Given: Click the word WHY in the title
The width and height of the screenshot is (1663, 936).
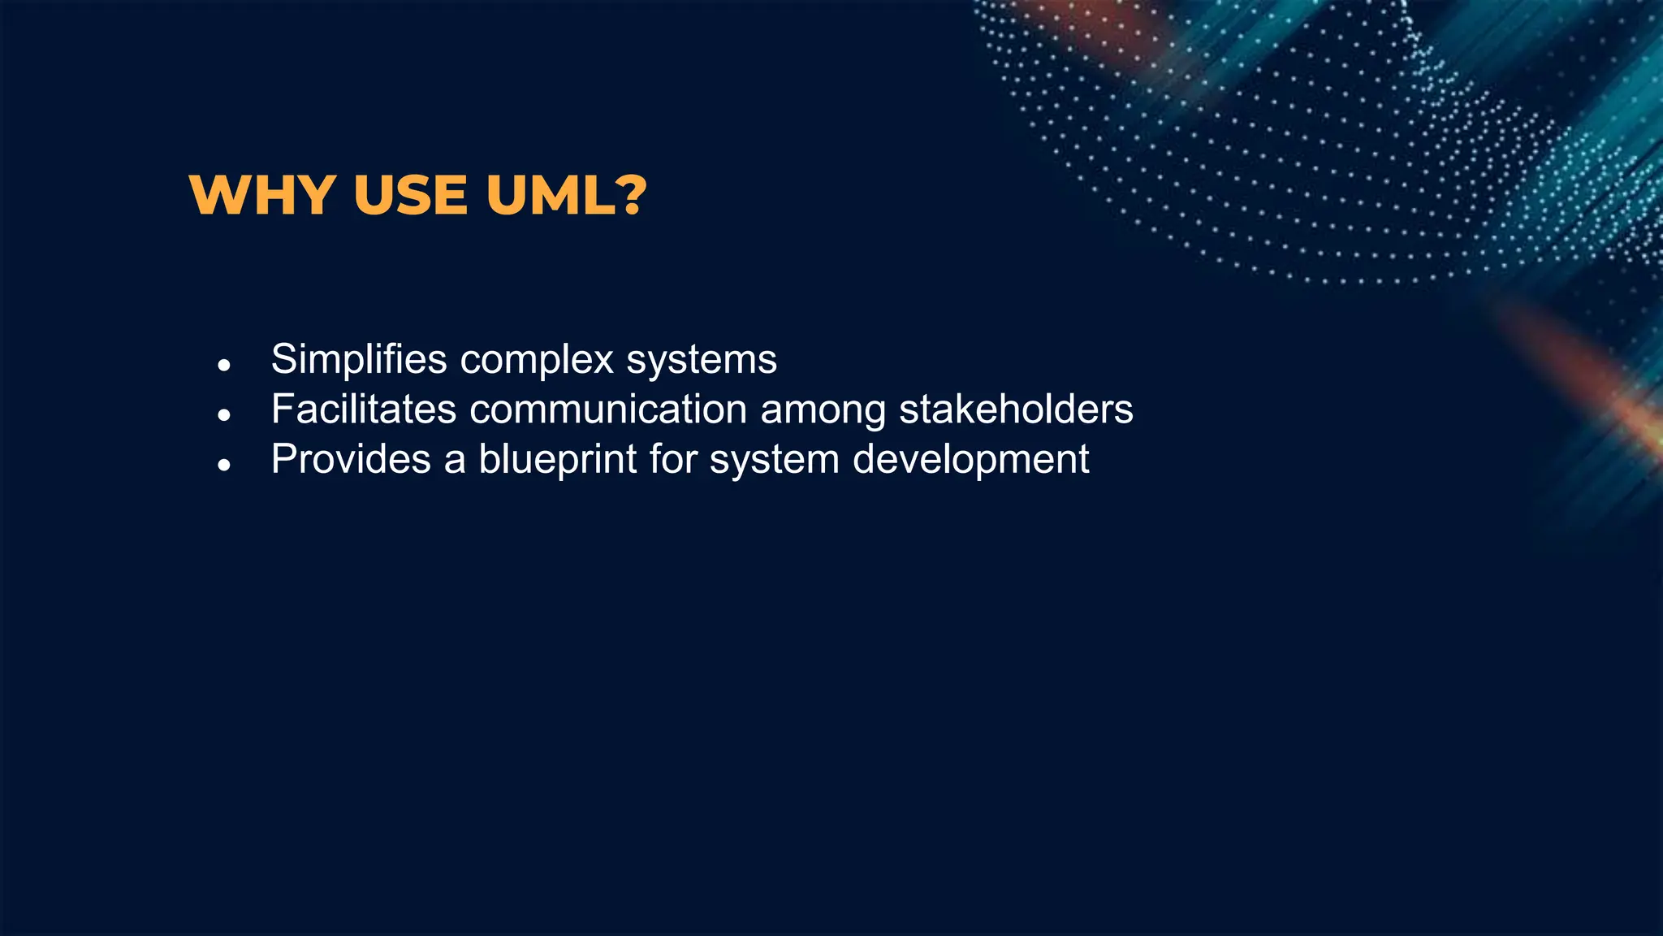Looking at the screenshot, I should (x=262, y=196).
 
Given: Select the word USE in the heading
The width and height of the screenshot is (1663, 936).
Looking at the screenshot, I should (x=411, y=196).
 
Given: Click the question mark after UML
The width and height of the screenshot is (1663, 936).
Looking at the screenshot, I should (x=629, y=196).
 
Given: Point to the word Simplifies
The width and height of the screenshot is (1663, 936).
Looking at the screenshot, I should (x=359, y=360).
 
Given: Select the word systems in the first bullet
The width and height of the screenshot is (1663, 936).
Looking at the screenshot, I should (x=702, y=360).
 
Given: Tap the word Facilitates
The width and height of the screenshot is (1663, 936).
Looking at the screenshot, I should (x=364, y=409).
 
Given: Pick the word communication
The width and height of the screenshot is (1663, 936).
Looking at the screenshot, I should (x=608, y=409).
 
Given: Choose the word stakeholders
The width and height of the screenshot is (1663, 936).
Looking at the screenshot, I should (x=1016, y=409).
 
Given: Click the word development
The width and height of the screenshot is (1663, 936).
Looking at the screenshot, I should (x=971, y=460).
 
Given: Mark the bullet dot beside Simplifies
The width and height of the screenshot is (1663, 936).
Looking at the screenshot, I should (x=225, y=366).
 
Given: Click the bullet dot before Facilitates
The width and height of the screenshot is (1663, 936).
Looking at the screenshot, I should (x=225, y=415).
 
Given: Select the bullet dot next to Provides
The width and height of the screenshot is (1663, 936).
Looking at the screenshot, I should (x=225, y=466).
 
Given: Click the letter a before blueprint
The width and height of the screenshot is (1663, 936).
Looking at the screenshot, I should (x=455, y=461).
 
